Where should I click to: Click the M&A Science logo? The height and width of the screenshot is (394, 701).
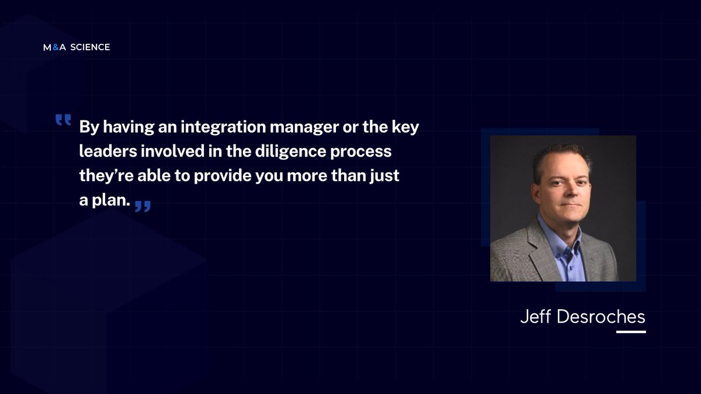pyautogui.click(x=77, y=47)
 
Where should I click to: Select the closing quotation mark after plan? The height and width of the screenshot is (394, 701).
pyautogui.click(x=143, y=206)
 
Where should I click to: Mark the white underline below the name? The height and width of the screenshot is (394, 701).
pyautogui.click(x=631, y=332)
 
